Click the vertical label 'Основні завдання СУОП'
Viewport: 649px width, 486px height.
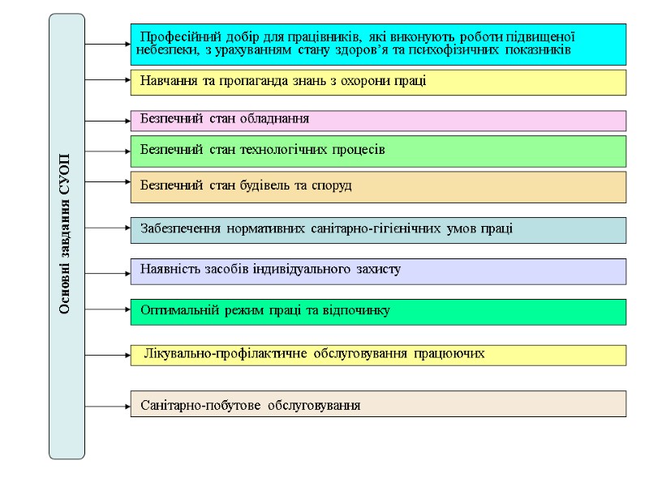click(65, 235)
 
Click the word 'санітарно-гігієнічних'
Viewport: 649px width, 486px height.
click(376, 228)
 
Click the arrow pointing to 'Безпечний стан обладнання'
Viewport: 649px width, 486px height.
click(109, 121)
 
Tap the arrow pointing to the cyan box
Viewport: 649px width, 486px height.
click(109, 43)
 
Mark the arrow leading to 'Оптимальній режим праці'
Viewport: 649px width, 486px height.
click(109, 310)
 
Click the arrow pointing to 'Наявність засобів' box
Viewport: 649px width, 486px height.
click(109, 274)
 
